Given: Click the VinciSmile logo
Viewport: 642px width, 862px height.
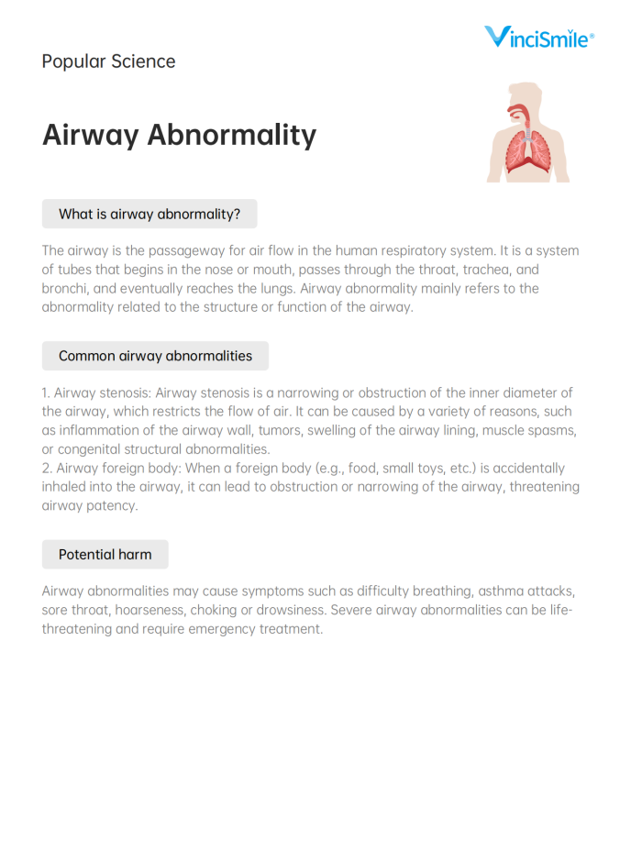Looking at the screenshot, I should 539,37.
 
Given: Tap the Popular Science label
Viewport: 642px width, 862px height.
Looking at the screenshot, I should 108,61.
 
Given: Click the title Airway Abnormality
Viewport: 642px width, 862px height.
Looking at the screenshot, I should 179,135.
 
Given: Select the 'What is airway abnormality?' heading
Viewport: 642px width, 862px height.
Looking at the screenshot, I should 149,214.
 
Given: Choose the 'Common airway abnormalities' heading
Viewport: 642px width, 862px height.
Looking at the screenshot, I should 155,356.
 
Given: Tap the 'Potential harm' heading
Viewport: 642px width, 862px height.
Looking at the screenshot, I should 105,554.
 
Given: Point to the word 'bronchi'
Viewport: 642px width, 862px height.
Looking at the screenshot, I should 65,289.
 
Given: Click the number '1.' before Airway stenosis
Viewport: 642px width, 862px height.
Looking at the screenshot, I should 46,393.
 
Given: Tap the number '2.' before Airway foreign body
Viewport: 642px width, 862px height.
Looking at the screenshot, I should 47,469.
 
